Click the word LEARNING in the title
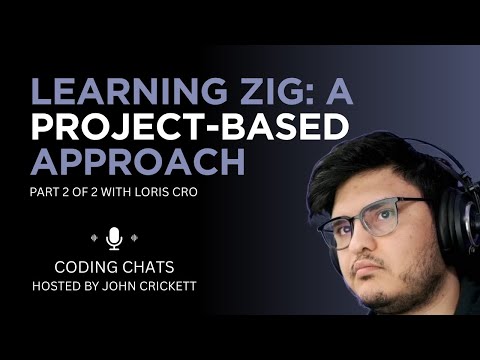tap(105, 90)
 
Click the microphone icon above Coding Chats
tap(113, 238)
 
